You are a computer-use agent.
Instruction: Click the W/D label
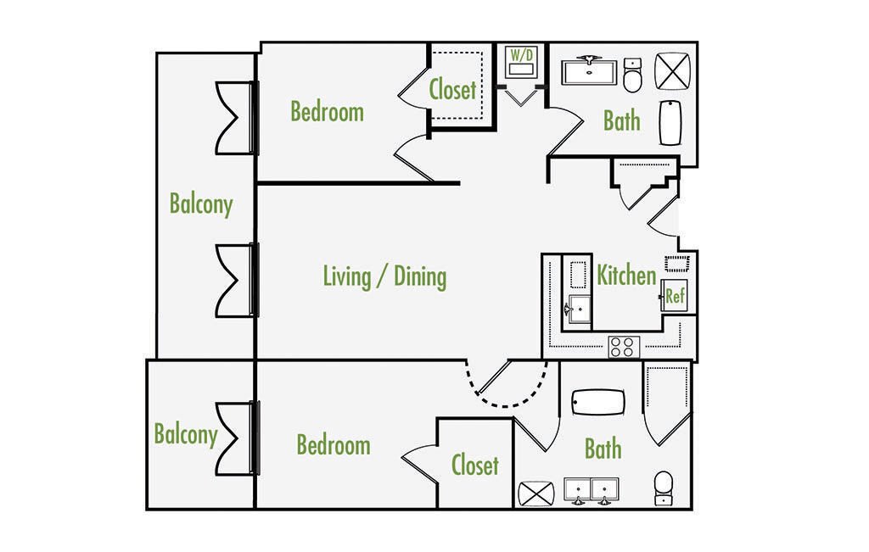click(x=521, y=56)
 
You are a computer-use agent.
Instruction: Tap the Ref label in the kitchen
click(x=675, y=297)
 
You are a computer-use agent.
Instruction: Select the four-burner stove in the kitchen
click(x=622, y=347)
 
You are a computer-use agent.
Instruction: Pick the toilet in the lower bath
click(x=663, y=488)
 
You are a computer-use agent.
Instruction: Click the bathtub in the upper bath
click(x=671, y=124)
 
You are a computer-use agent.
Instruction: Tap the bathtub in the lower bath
click(x=598, y=402)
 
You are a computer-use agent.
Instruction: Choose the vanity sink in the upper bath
click(x=589, y=71)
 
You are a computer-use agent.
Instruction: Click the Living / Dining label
click(x=384, y=276)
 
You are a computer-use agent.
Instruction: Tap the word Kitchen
click(x=626, y=276)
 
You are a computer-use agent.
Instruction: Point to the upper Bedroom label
click(x=327, y=111)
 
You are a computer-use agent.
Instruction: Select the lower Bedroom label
click(x=334, y=445)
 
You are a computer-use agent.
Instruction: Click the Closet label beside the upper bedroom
click(x=452, y=89)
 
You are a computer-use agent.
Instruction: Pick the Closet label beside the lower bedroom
click(x=475, y=465)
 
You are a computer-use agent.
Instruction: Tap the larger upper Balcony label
click(x=201, y=204)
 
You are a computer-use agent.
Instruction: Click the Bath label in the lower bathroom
click(x=603, y=449)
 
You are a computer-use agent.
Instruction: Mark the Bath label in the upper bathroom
click(x=622, y=120)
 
